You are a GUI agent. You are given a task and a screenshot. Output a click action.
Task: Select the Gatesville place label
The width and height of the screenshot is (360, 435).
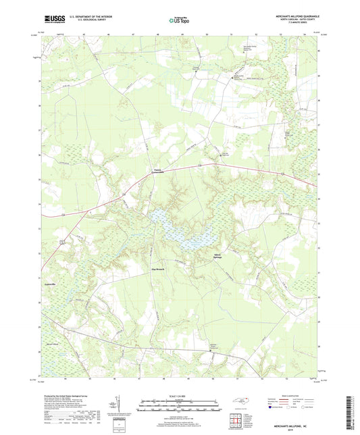coord(45,285)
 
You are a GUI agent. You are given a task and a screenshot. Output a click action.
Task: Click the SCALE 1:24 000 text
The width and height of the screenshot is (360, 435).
coord(180,394)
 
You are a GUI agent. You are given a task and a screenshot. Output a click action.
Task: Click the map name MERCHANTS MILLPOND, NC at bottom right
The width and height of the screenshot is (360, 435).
coord(296,422)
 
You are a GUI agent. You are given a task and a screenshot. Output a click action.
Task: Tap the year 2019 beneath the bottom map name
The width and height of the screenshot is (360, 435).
coord(296,427)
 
